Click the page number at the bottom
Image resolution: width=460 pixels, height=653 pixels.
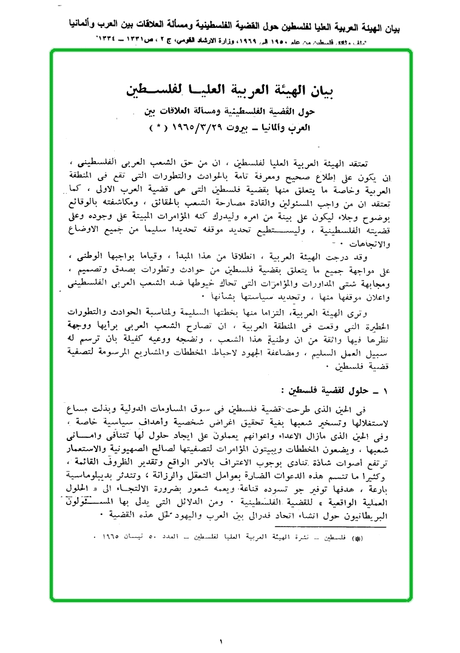tap(222, 640)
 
